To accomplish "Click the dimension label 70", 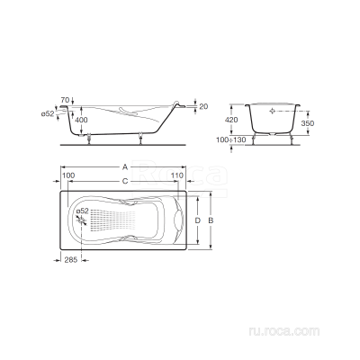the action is [65, 100].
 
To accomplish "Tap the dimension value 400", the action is [81, 120].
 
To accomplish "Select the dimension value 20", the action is [203, 106].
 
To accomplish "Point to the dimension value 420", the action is [231, 120].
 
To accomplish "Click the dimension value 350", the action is [308, 123].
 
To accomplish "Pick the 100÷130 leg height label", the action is [231, 139].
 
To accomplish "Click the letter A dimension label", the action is [125, 167].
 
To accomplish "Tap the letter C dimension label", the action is [125, 181].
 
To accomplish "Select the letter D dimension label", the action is [197, 220].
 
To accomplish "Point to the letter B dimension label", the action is [211, 220].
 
